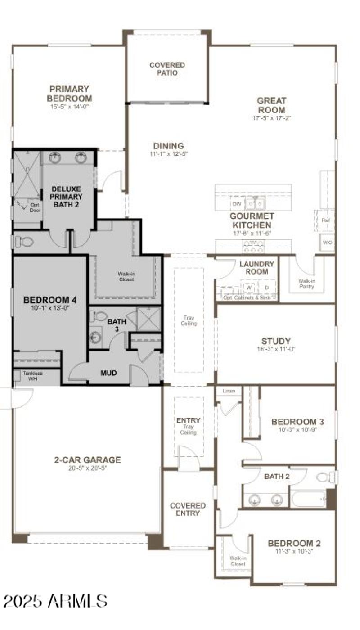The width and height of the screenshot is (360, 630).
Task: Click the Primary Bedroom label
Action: pyautogui.click(x=69, y=94)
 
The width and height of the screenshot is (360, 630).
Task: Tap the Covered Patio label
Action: pyautogui.click(x=167, y=69)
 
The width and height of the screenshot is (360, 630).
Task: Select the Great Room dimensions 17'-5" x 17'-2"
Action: pyautogui.click(x=272, y=118)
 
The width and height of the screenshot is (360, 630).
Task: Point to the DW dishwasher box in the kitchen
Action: pyautogui.click(x=237, y=204)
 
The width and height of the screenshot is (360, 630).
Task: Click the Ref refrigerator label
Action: pyautogui.click(x=326, y=220)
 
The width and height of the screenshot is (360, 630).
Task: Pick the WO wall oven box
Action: pyautogui.click(x=328, y=243)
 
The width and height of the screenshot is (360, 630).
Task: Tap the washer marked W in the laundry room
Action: pyautogui.click(x=248, y=287)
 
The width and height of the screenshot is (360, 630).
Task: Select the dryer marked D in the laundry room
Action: pyautogui.click(x=266, y=287)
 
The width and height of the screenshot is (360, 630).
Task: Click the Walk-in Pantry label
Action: pyautogui.click(x=306, y=283)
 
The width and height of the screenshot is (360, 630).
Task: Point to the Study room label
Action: pyautogui.click(x=276, y=341)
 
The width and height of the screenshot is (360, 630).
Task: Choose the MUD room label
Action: pyautogui.click(x=108, y=373)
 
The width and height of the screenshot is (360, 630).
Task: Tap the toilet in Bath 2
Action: pyautogui.click(x=325, y=477)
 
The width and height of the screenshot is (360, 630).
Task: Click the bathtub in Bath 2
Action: pyautogui.click(x=308, y=499)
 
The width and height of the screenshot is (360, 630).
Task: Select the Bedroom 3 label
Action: pyautogui.click(x=297, y=422)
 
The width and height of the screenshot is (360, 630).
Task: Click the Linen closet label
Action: pyautogui.click(x=229, y=391)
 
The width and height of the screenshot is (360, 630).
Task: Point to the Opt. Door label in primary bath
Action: pyautogui.click(x=35, y=207)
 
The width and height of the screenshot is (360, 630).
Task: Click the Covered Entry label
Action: pyautogui.click(x=188, y=509)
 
